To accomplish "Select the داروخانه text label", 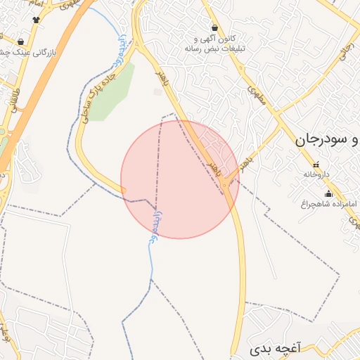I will tap(326, 172).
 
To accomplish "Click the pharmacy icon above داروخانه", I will tap(314, 165).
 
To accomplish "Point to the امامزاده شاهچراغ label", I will tap(326, 204).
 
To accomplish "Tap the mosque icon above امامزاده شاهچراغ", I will tap(328, 193).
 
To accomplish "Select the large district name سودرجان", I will tap(331, 139).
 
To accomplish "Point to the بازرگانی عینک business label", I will tap(29, 52).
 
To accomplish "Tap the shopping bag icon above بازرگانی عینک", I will tap(20, 41).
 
